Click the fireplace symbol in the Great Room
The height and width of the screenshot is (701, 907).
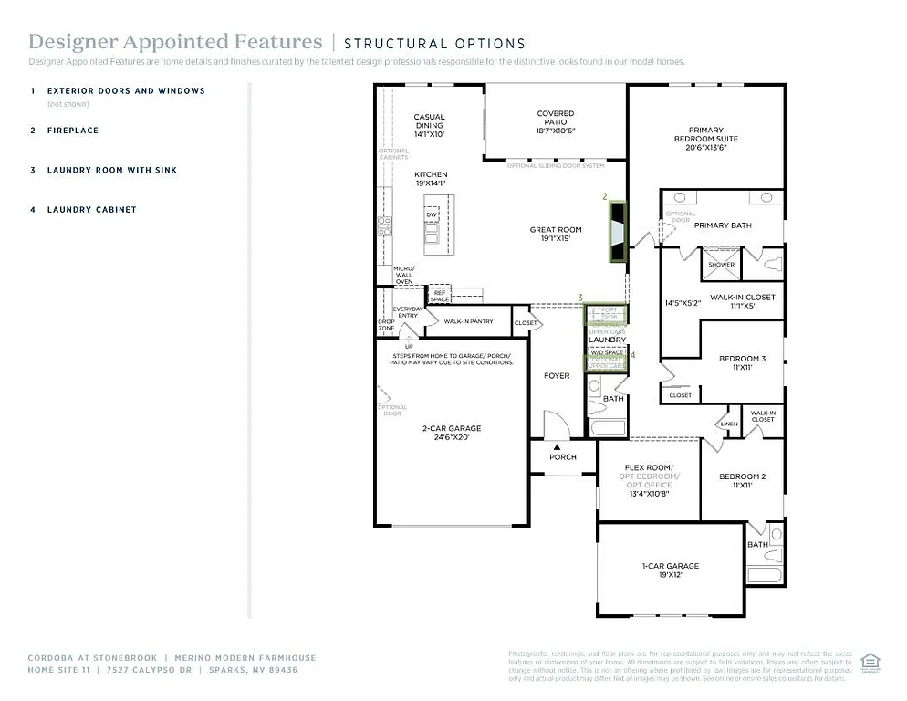[x=618, y=232]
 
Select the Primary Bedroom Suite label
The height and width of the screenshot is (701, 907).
[x=706, y=139]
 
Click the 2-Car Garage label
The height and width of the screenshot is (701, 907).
[x=451, y=433]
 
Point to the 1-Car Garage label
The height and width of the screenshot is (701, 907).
[x=670, y=570]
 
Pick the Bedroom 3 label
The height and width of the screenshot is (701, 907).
[x=742, y=362]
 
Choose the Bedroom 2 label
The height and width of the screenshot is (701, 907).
[x=742, y=481]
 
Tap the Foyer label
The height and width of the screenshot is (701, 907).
[x=556, y=375]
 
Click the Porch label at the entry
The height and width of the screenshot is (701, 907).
[x=563, y=456]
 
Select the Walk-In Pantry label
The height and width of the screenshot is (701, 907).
[x=468, y=321]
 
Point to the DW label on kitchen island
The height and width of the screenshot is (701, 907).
[x=432, y=214]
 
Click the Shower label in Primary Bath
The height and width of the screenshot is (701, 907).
[x=721, y=265]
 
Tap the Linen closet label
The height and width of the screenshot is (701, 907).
[x=728, y=424]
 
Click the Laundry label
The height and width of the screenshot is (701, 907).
[x=607, y=340]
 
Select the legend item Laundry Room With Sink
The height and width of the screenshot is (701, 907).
[x=111, y=170]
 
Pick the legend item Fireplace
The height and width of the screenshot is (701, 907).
[x=73, y=131]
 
